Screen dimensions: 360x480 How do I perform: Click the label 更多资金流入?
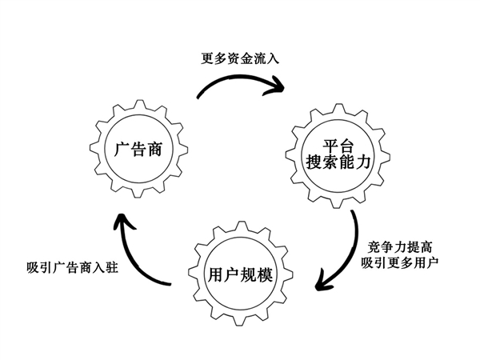coord(240,58)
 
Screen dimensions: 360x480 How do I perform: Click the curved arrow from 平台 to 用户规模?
coord(352,248)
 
